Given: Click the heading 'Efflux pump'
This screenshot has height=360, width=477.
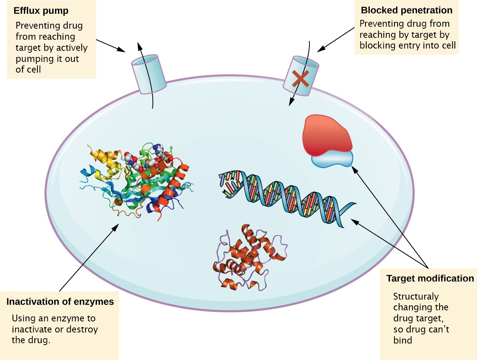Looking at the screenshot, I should point(41,11).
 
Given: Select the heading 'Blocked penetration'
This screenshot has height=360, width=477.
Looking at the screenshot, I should point(407,10).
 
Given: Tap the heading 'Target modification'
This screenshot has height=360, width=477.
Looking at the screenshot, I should point(430,279).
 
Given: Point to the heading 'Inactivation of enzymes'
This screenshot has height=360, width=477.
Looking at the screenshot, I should point(60,302).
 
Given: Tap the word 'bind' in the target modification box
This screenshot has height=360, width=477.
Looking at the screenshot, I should point(403,340).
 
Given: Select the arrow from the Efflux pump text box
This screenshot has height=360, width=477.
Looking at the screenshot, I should point(111,45).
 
